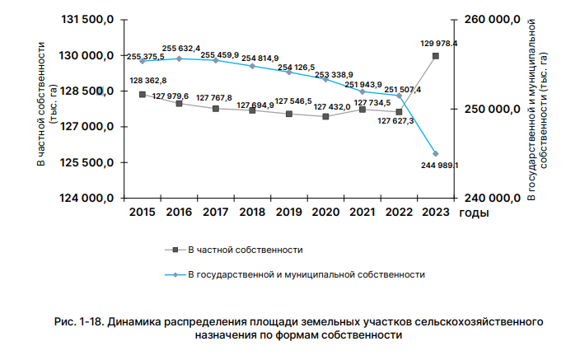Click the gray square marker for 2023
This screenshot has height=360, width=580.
click(x=435, y=56)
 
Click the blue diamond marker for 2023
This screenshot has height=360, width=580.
click(x=435, y=154)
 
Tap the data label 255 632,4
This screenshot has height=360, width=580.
click(x=181, y=49)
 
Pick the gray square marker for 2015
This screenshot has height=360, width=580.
click(x=143, y=95)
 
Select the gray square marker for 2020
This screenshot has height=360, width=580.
click(x=325, y=117)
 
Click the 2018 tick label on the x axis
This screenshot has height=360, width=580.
click(x=252, y=213)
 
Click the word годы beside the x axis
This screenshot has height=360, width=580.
click(x=474, y=213)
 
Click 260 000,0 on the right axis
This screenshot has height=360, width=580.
click(x=486, y=20)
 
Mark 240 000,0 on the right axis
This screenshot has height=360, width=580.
click(x=486, y=199)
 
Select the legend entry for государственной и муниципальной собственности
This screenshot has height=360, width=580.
click(x=306, y=274)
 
